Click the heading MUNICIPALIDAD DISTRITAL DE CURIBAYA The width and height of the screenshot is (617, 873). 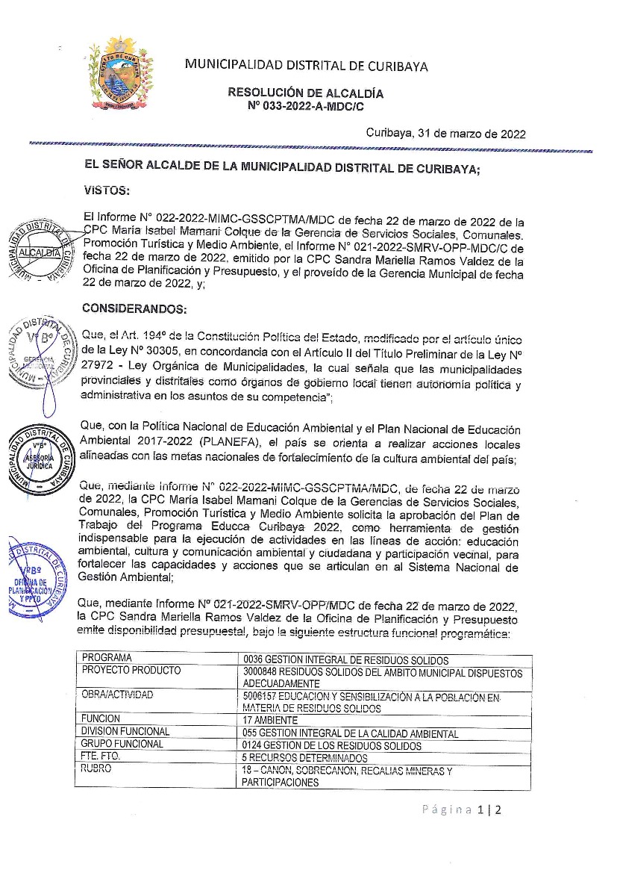306,66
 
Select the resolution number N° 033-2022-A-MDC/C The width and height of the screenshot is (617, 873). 306,106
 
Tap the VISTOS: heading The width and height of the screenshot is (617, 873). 106,191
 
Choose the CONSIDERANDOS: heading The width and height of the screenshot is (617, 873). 134,308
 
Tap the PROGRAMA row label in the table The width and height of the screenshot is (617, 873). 107,658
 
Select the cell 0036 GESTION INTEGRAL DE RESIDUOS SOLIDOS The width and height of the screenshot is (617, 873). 345,660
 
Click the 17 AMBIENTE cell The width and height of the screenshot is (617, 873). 270,721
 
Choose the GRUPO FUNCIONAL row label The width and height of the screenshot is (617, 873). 122,744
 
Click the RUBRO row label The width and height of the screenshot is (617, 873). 97,768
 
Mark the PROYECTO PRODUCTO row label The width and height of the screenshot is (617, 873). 131,671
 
